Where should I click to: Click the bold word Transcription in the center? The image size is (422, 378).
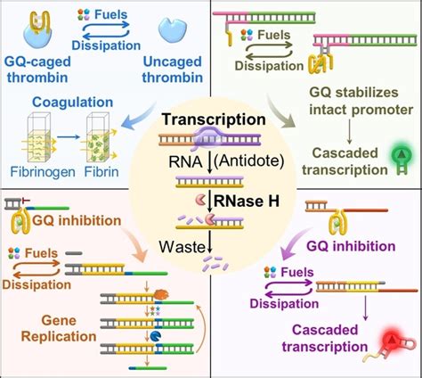pyautogui.click(x=211, y=121)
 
